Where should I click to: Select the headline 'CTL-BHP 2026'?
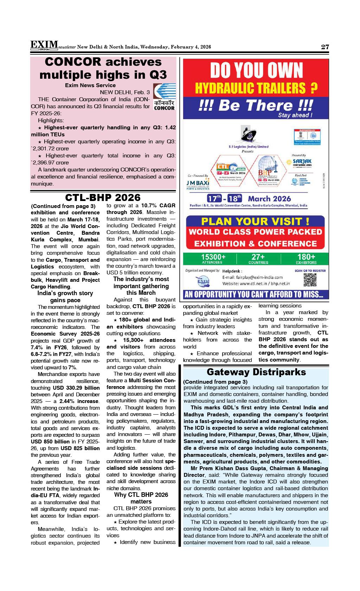103,197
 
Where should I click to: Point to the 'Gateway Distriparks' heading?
256,372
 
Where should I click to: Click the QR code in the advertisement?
309,280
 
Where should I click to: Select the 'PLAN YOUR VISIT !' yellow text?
255,221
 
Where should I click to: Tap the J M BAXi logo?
198,184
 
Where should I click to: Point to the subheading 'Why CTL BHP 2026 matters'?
141,498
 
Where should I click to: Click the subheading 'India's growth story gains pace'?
65,297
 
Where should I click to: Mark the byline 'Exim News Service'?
90,85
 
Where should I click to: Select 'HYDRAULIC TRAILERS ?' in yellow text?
256,88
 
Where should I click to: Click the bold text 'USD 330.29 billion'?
76,388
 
